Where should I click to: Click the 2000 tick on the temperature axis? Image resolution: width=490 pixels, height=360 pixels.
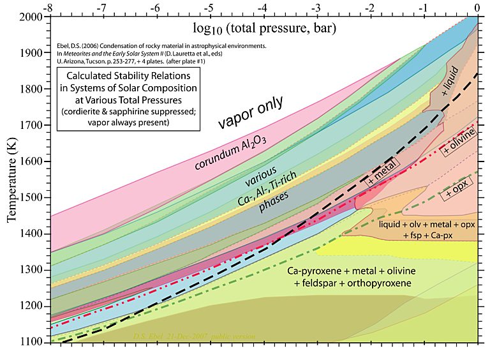31,17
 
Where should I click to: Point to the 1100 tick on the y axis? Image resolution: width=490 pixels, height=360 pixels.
31,343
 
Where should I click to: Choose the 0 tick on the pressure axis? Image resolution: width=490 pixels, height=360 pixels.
477,6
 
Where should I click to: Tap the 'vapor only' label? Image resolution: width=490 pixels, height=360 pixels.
253,113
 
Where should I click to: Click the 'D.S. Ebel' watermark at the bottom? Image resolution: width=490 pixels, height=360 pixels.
148,336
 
